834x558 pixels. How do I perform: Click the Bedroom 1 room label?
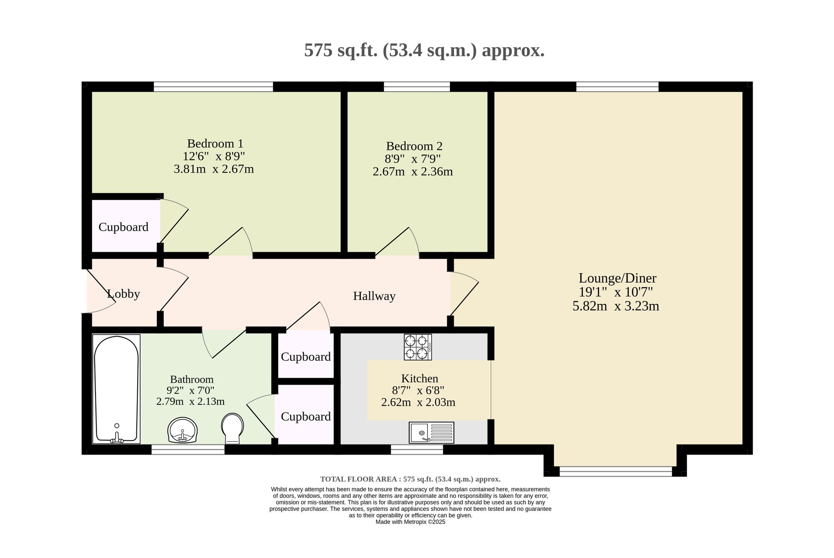(x=215, y=143)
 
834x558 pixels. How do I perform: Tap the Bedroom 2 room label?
(x=414, y=146)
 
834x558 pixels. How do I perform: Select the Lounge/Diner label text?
(x=617, y=278)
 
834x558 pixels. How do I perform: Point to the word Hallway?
(x=374, y=296)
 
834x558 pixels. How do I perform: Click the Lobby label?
(x=123, y=294)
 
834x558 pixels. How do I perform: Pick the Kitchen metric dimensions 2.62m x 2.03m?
(x=418, y=402)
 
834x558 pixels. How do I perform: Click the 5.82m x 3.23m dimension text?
(x=616, y=307)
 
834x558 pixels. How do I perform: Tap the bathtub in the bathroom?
(x=117, y=389)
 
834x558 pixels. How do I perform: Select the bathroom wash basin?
(x=182, y=430)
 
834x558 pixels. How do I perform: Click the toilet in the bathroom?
(x=233, y=428)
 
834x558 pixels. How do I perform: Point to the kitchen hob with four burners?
(x=418, y=347)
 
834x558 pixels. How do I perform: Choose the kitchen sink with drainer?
(x=431, y=432)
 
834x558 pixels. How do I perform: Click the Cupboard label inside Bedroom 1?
(x=123, y=227)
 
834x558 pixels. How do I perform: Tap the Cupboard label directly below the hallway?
(x=306, y=357)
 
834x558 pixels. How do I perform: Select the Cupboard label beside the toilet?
(x=306, y=417)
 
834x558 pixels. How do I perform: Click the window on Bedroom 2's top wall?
(x=417, y=87)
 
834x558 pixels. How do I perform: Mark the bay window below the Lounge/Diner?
(x=616, y=471)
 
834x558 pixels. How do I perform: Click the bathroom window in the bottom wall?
(x=188, y=449)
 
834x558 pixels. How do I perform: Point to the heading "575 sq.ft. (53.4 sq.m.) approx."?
(x=425, y=50)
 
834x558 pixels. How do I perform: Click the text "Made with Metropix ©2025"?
(x=411, y=522)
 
